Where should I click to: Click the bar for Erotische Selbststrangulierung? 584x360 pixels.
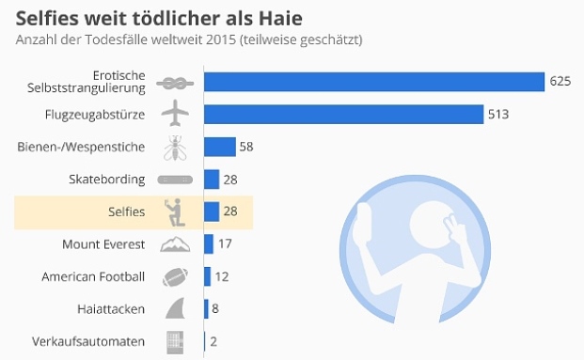374,82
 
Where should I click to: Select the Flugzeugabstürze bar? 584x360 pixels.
343,114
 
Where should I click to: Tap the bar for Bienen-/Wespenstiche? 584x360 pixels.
219,147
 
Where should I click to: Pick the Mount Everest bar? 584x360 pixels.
209,244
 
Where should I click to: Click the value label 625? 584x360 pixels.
560,82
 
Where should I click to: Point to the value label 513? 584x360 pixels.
498,114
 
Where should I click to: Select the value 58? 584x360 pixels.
246,147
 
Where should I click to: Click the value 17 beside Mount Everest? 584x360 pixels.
225,244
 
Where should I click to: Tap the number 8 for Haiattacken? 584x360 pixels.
215,309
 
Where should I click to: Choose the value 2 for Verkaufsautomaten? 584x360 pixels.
213,341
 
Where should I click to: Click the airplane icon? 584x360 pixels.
175,115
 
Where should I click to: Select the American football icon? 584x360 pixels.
175,277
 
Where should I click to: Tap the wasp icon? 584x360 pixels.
175,147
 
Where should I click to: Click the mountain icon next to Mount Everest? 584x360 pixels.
175,245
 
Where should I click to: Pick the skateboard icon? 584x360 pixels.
175,180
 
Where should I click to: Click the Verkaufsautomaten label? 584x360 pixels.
88,341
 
